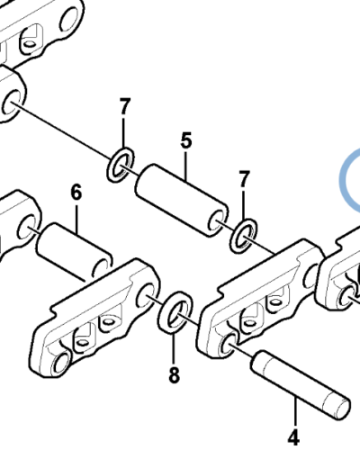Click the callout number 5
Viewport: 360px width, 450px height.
[x=186, y=140]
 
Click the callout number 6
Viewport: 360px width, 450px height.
[x=76, y=193]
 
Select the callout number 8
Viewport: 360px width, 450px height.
[x=174, y=374]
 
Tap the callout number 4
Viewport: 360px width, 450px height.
[x=293, y=437]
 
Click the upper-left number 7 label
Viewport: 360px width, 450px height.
[x=125, y=107]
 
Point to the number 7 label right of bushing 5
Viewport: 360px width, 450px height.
[x=244, y=179]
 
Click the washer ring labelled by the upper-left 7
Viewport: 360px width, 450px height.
[x=121, y=165]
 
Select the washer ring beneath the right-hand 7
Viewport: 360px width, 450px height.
[x=244, y=236]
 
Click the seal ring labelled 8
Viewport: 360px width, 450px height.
[x=175, y=312]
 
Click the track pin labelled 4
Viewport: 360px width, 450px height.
[x=301, y=385]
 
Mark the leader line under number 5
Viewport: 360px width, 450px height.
[x=186, y=166]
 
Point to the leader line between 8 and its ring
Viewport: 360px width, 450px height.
[x=174, y=349]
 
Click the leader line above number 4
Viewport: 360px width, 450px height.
[x=295, y=411]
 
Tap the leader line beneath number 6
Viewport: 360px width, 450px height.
[x=76, y=219]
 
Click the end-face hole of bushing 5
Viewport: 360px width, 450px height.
[x=217, y=221]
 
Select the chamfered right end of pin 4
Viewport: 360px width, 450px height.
[x=341, y=407]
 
